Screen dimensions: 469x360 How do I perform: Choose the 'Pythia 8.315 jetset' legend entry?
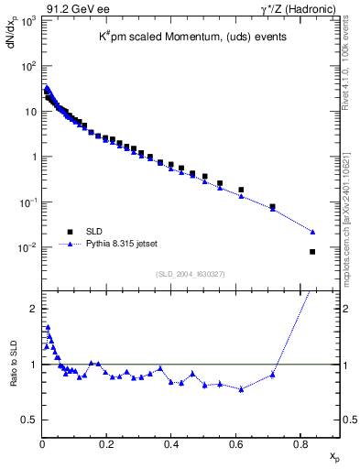[121, 245]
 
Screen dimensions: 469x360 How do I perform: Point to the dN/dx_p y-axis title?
[12, 38]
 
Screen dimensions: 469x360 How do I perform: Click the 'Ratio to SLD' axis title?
[12, 375]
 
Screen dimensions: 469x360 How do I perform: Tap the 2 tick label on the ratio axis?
[32, 309]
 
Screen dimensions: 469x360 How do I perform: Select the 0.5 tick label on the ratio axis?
[29, 420]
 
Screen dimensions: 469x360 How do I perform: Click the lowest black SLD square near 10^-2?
[312, 252]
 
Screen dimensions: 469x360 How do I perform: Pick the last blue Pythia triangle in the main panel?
[312, 232]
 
